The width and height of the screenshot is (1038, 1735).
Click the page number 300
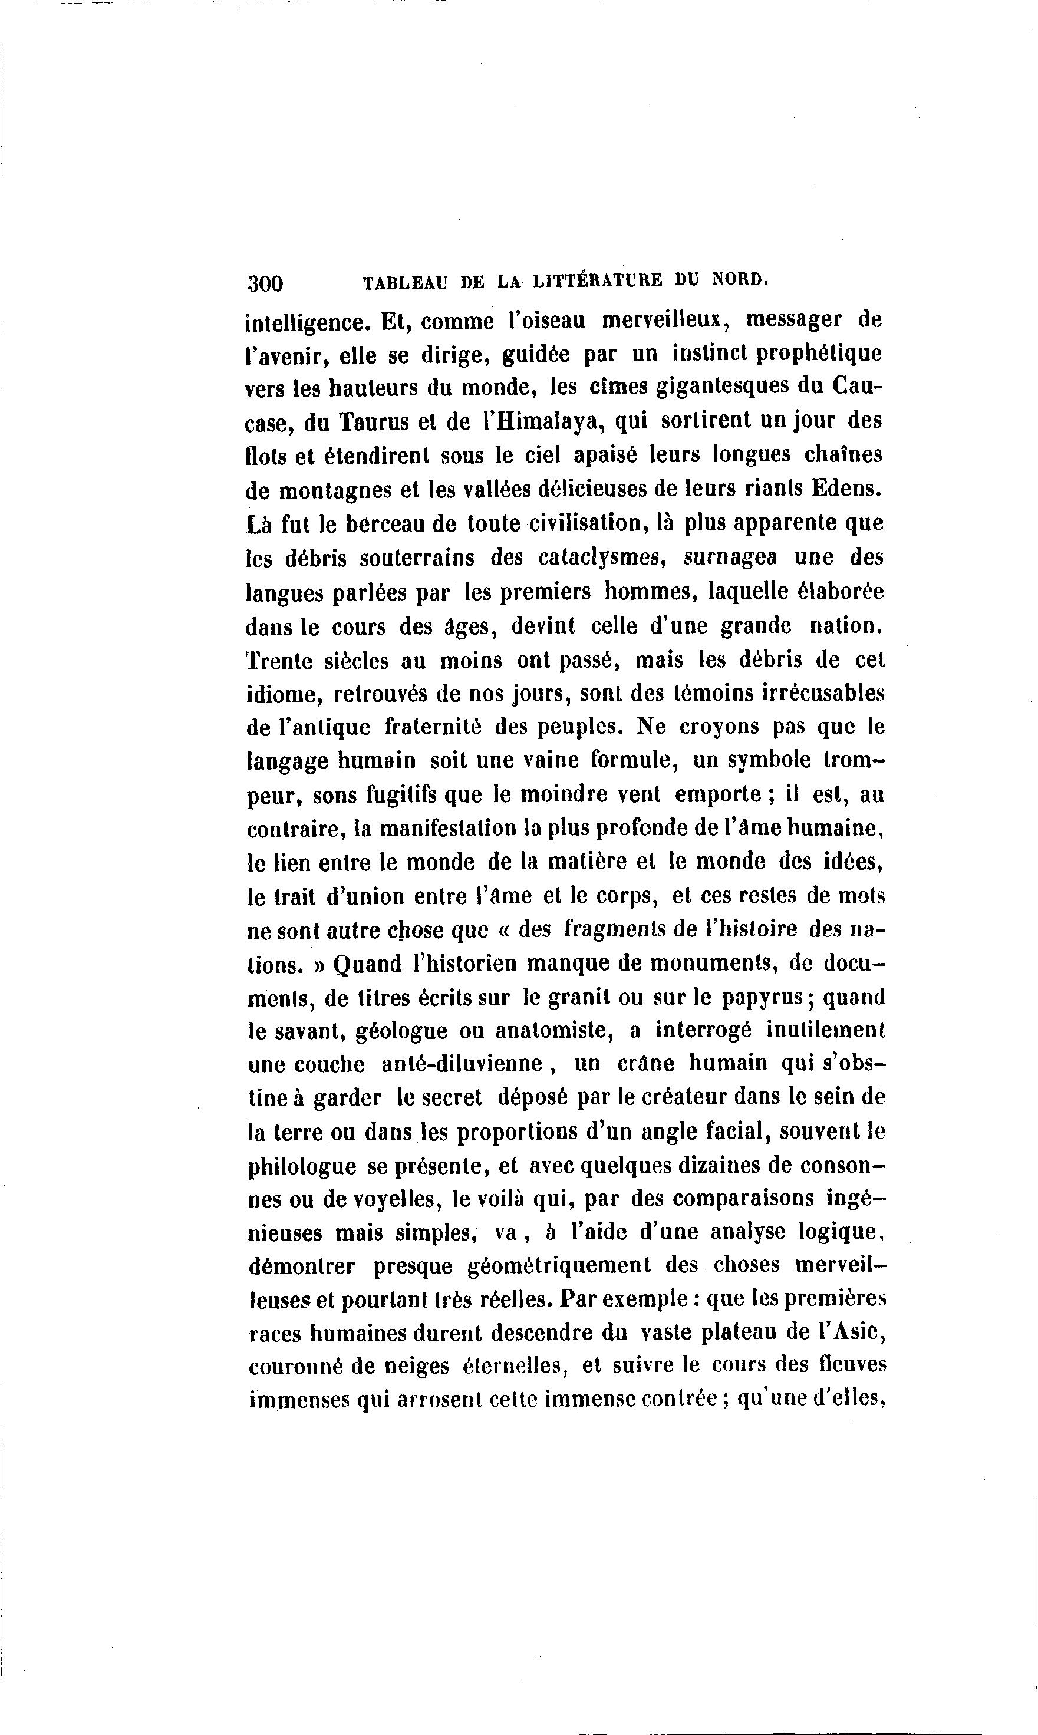click(265, 283)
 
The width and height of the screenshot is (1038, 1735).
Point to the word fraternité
click(434, 727)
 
